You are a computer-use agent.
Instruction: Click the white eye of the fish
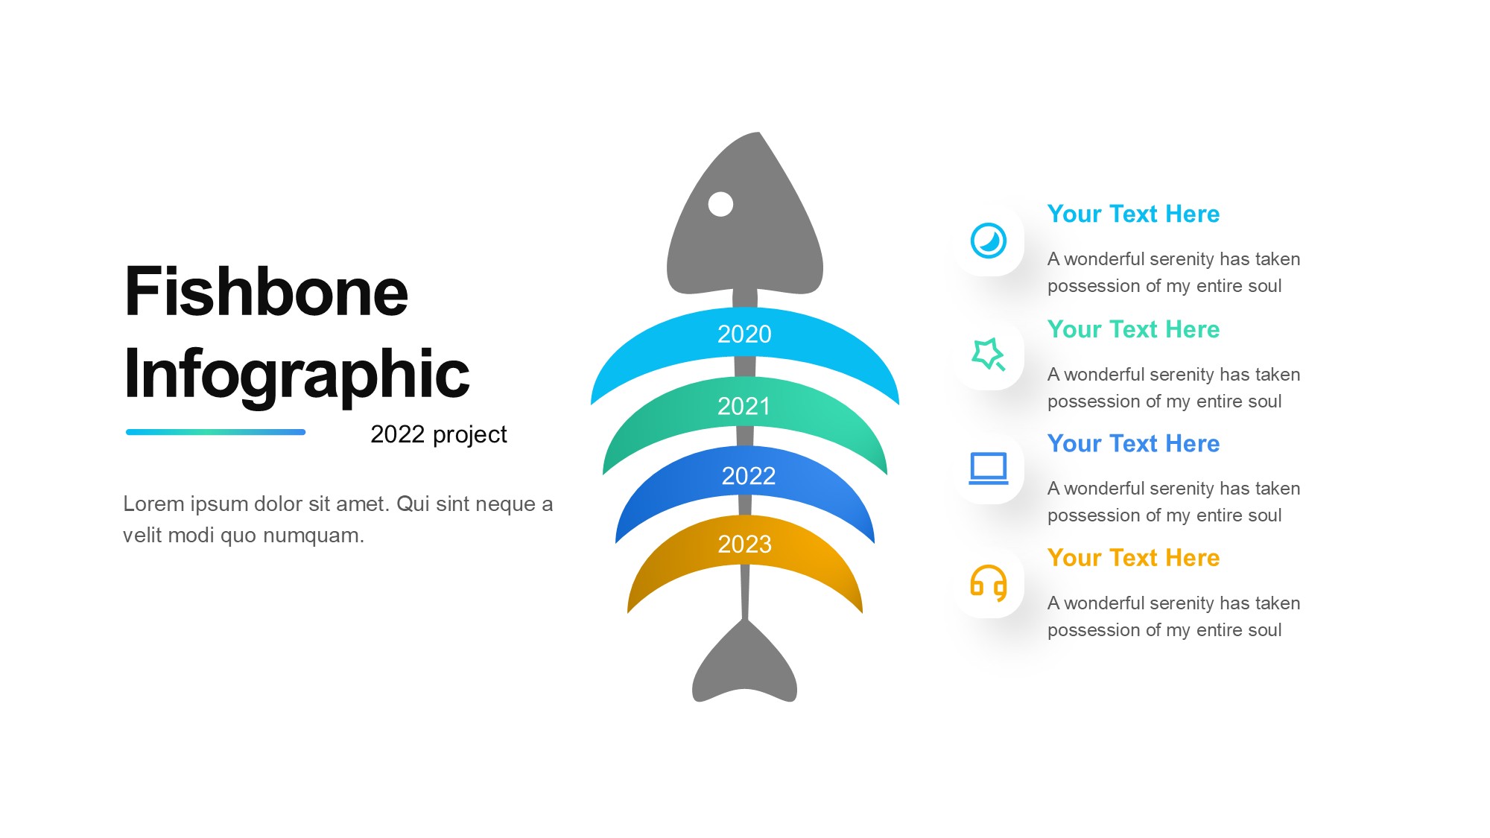[720, 204]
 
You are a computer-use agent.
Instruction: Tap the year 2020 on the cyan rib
[744, 334]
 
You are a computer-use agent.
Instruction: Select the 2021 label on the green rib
[744, 407]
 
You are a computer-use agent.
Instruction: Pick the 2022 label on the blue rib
[749, 476]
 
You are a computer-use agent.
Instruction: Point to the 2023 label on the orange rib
[744, 545]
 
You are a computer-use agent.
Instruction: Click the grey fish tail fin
[744, 663]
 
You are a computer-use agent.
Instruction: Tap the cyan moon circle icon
[989, 241]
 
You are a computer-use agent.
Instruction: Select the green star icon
[988, 355]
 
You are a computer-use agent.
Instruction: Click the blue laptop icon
[989, 469]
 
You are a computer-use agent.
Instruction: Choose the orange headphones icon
[989, 583]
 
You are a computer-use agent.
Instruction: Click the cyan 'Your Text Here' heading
[1133, 215]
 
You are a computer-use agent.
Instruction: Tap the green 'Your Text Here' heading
[1133, 329]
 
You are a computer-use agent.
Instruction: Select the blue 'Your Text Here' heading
[1133, 444]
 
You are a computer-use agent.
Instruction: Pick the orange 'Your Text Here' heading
[1133, 558]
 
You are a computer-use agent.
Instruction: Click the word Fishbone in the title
[267, 291]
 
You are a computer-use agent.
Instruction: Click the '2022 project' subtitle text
[439, 435]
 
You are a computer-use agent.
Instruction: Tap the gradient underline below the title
[216, 432]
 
